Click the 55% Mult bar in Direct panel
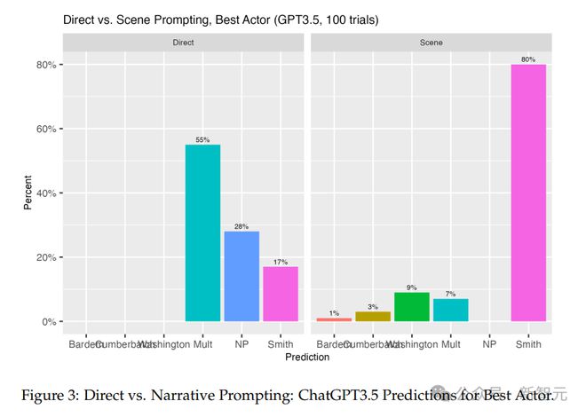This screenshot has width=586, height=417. [202, 232]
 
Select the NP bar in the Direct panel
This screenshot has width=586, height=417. [242, 276]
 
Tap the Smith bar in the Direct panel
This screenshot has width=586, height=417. [281, 294]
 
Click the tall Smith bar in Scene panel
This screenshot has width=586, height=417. [528, 193]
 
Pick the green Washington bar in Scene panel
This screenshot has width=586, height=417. [412, 307]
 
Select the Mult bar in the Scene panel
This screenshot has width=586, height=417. [450, 310]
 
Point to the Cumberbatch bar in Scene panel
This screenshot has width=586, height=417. [373, 316]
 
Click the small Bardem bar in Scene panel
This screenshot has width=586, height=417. [334, 319]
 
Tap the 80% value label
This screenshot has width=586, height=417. [528, 59]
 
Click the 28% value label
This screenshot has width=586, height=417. [242, 226]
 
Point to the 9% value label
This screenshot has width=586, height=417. [412, 287]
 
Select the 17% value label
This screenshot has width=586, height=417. [281, 262]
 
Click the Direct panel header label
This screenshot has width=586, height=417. [184, 42]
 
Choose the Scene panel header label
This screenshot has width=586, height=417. [432, 42]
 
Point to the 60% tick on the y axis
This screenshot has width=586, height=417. [46, 129]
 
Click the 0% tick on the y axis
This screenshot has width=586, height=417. [48, 321]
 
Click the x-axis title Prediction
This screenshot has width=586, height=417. [307, 357]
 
